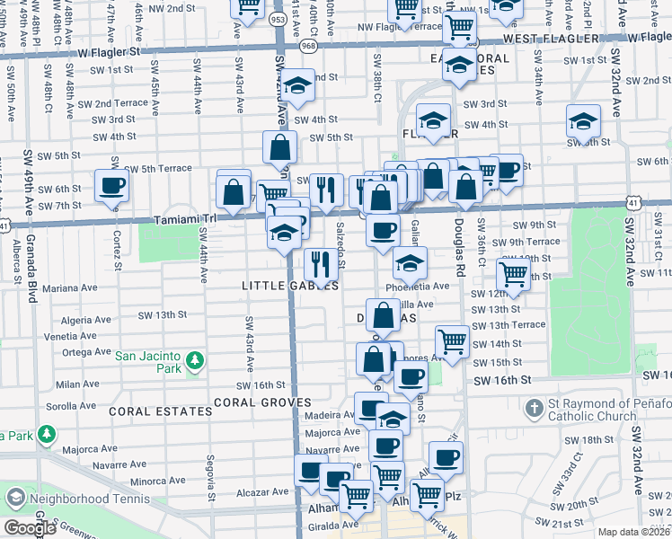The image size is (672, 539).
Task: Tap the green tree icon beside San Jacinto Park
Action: pos(195,363)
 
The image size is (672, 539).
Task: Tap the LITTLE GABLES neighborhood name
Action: pos(290,286)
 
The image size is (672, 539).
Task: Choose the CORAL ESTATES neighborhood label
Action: pos(161,411)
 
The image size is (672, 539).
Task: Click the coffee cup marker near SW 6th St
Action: pos(112,186)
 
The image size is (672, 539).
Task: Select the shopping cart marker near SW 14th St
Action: pos(452,340)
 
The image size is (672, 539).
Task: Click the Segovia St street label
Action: pos(211,481)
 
